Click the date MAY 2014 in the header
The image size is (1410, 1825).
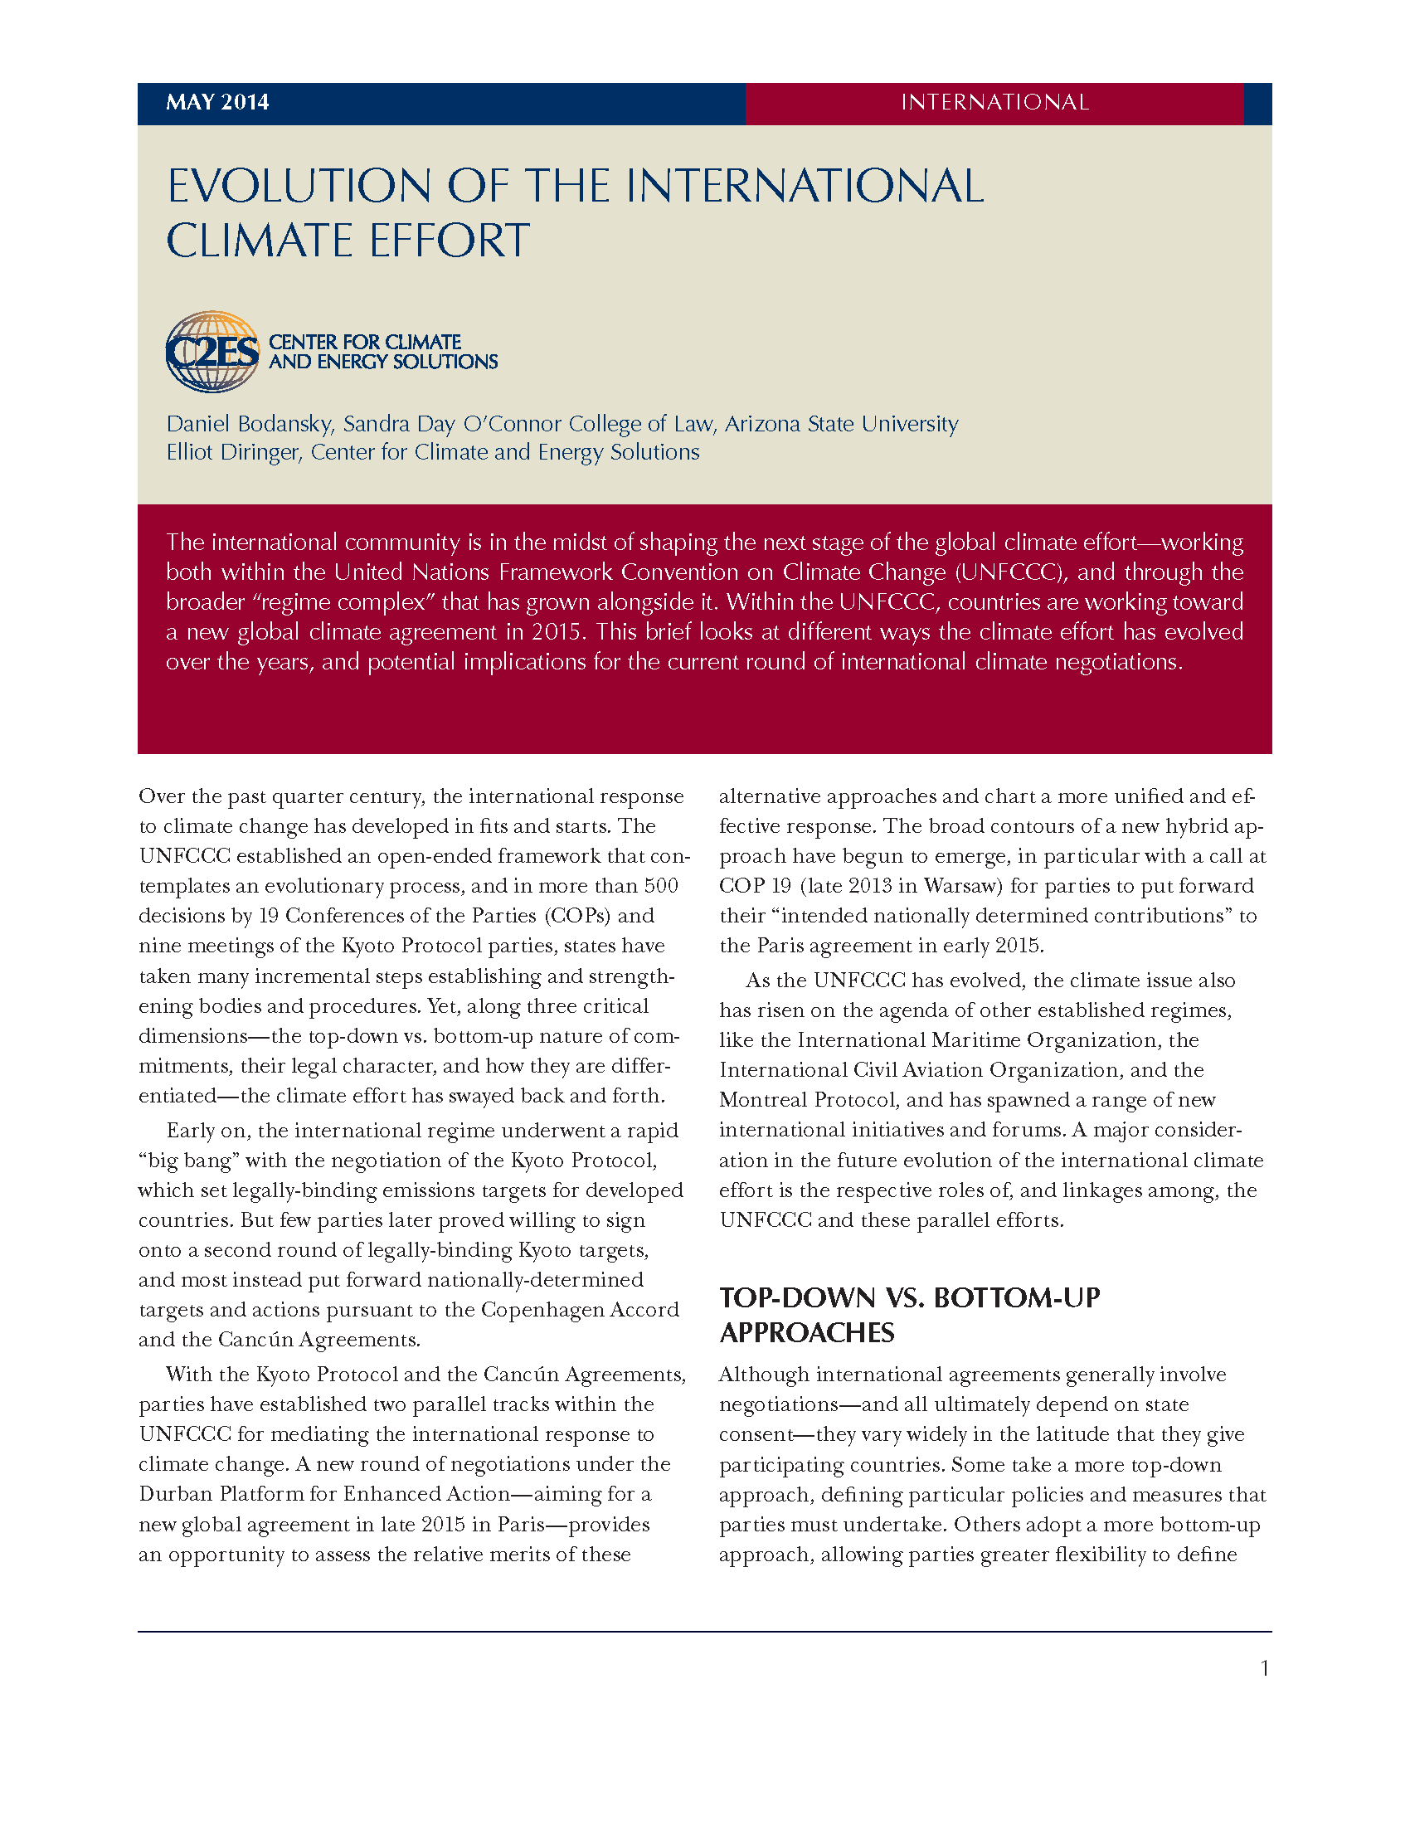(217, 102)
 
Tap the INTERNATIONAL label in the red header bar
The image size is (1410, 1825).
(994, 102)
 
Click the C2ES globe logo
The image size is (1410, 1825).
(212, 352)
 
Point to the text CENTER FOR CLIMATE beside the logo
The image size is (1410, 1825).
(365, 342)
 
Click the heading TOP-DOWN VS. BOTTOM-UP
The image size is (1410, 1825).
(910, 1297)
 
